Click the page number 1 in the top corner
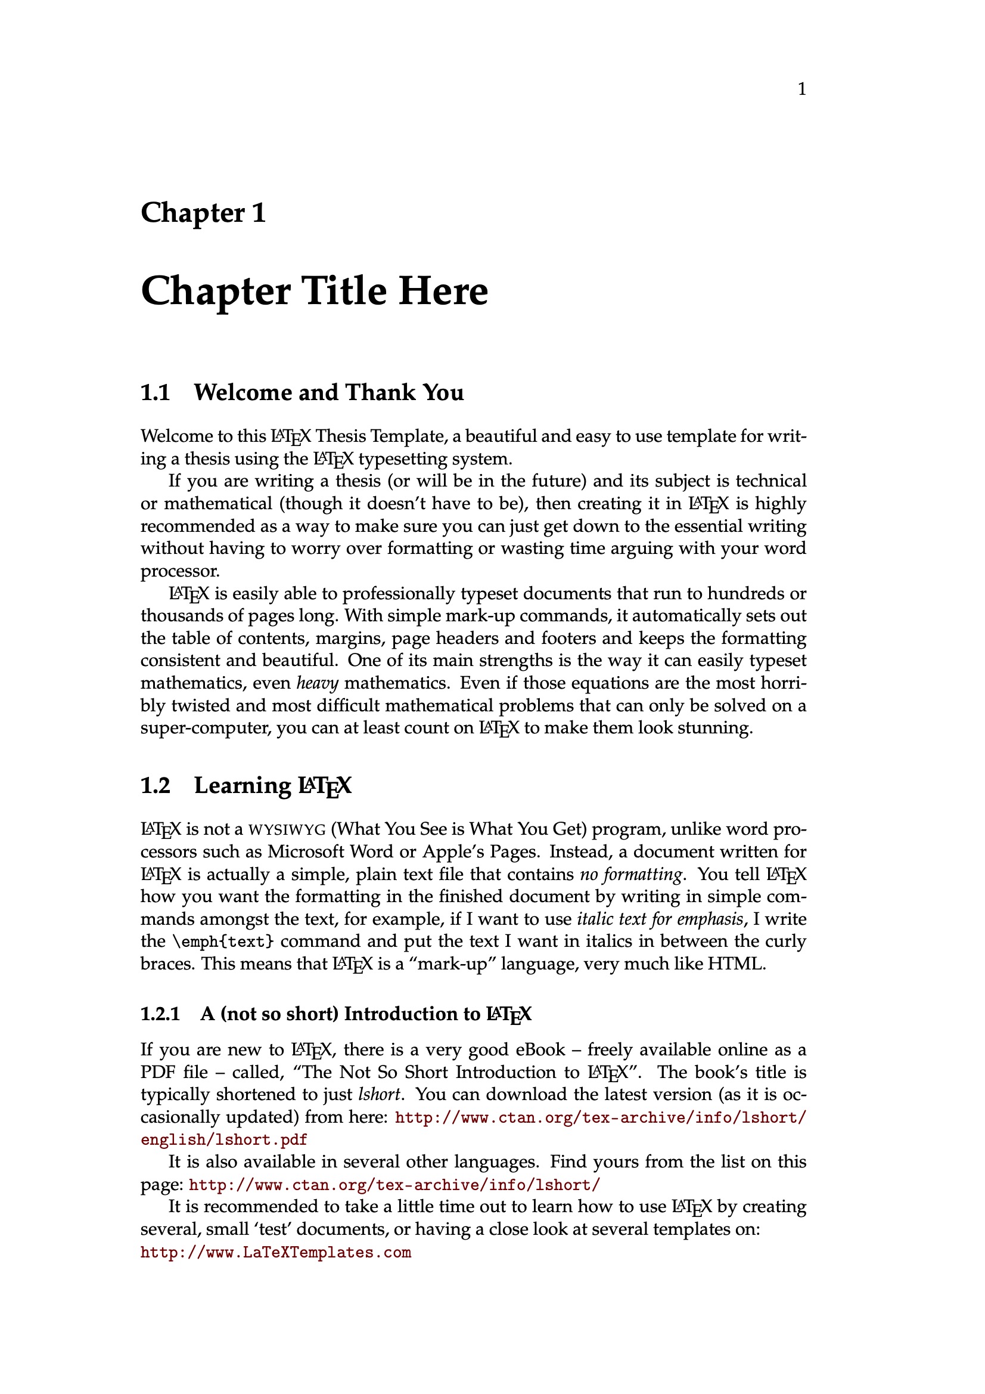click(801, 90)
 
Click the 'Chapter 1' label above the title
click(203, 213)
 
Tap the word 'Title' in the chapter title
click(344, 291)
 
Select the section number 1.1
click(156, 393)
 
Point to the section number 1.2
click(156, 786)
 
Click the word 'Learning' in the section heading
click(242, 786)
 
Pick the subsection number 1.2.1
click(160, 1014)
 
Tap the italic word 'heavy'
click(317, 684)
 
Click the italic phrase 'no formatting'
click(631, 874)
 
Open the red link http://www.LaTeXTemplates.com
click(275, 1252)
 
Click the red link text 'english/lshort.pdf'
click(224, 1139)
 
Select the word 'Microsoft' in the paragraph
click(306, 852)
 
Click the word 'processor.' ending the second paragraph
click(179, 572)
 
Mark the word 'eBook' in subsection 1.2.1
click(540, 1050)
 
